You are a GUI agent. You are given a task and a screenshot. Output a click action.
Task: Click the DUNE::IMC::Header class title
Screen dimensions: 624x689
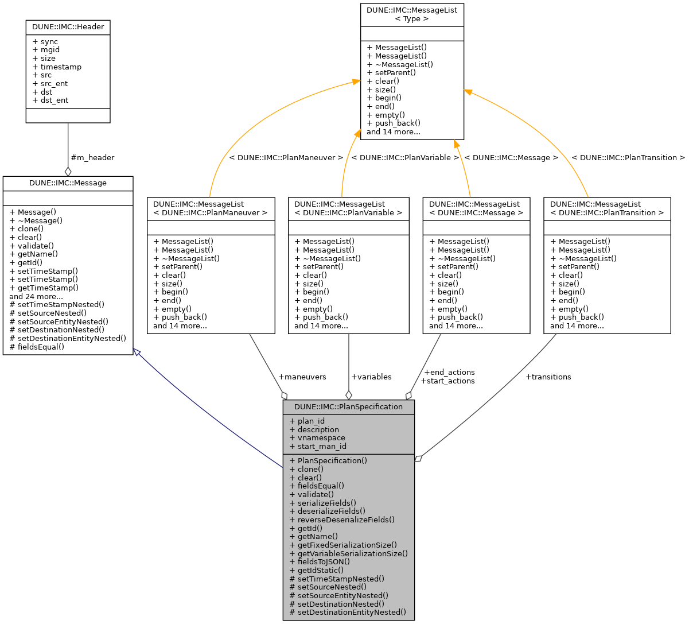[x=68, y=27]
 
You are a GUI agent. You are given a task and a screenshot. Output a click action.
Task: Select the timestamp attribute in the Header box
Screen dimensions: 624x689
[x=61, y=67]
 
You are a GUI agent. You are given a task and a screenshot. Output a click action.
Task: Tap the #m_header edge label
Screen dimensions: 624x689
[x=92, y=157]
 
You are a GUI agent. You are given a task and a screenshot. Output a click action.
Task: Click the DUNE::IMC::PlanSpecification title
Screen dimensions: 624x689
[x=348, y=406]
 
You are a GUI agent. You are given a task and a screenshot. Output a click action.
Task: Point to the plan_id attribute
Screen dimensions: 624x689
[x=311, y=421]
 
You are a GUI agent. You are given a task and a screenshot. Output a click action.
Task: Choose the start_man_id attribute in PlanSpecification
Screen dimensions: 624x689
[x=322, y=446]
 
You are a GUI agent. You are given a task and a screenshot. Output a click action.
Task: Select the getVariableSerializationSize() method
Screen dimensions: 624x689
[x=352, y=553]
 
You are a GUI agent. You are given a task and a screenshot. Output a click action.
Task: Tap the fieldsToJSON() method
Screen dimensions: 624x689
[x=324, y=561]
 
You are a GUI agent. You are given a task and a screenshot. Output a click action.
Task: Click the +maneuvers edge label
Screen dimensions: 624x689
[x=302, y=377]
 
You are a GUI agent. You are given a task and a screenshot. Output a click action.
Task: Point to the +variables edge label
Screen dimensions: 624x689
[x=371, y=377]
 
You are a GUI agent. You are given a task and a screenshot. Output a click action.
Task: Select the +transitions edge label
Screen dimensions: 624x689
[x=548, y=377]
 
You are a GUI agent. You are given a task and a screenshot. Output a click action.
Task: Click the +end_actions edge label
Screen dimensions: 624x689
[x=448, y=373]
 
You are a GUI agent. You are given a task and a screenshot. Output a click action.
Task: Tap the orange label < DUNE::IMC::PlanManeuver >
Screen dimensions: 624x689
[x=286, y=157]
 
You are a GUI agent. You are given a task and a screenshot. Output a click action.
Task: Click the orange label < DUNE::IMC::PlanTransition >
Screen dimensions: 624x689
[x=628, y=157]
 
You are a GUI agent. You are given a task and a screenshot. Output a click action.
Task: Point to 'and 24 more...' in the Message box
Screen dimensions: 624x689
[x=36, y=296]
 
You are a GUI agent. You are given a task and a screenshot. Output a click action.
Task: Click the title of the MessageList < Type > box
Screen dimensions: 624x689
[x=411, y=14]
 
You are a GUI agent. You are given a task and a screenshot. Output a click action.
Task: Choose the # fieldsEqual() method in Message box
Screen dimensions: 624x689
[x=37, y=347]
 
